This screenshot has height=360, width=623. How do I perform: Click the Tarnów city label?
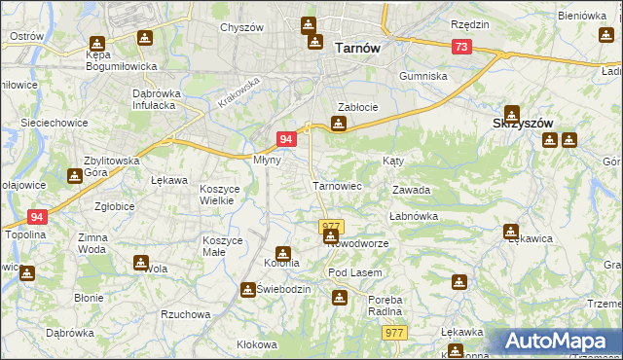click(356, 47)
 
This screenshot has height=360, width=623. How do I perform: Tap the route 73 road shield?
click(461, 47)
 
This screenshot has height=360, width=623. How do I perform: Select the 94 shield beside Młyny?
click(286, 139)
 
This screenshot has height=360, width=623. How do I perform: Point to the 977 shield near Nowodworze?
click(331, 226)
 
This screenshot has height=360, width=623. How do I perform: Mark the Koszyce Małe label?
click(225, 245)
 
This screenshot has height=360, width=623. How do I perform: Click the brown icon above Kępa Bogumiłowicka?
click(96, 44)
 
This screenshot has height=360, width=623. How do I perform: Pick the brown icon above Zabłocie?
click(338, 124)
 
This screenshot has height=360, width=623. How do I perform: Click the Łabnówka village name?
click(414, 216)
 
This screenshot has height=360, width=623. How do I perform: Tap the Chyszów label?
click(242, 28)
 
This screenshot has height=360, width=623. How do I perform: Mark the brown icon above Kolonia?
click(282, 254)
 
